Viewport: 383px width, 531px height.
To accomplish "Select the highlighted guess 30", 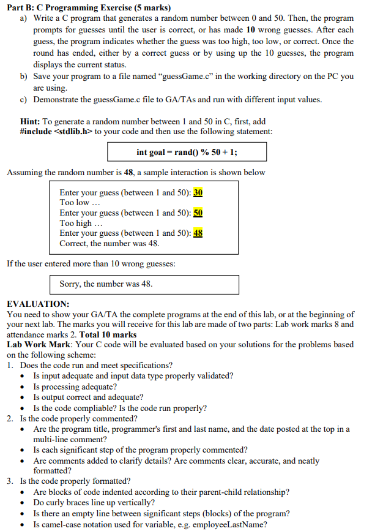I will (x=198, y=192).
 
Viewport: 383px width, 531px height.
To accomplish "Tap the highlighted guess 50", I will (x=198, y=213).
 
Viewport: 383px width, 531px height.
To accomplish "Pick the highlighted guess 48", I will (x=198, y=233).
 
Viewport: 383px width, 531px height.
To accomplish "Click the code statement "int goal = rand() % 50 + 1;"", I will (x=186, y=152).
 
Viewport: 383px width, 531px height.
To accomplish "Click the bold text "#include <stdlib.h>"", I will (x=58, y=132).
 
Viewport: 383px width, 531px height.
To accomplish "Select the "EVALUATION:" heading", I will (x=38, y=304).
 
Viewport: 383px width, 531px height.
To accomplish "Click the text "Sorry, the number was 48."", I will (x=106, y=284).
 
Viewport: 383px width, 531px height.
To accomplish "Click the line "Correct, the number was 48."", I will (x=110, y=243).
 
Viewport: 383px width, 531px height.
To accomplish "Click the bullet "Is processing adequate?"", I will (x=75, y=386).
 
